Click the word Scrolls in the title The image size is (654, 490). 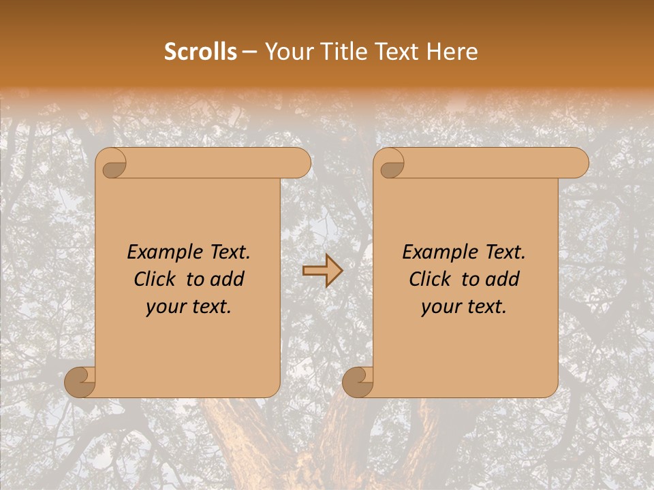point(200,52)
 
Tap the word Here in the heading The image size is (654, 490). point(453,52)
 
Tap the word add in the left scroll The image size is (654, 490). point(227,279)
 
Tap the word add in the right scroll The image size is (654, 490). point(502,279)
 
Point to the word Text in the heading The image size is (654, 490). point(397,52)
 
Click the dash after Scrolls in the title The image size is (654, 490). point(249,52)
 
